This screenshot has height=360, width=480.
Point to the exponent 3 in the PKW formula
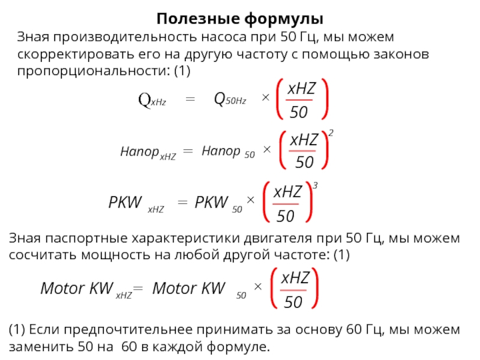(x=315, y=188)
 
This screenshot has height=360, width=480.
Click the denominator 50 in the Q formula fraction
(x=299, y=112)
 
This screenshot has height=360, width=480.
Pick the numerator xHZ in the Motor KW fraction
(x=295, y=278)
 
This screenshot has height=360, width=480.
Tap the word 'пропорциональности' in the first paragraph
(x=88, y=71)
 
